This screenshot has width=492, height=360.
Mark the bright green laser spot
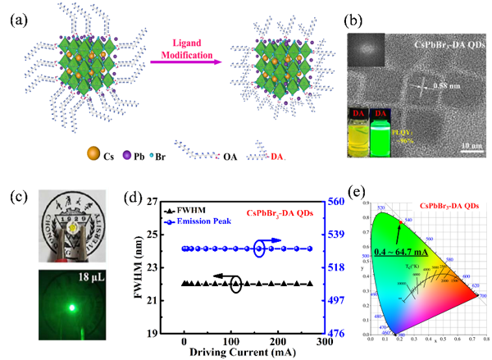pos(73,308)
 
